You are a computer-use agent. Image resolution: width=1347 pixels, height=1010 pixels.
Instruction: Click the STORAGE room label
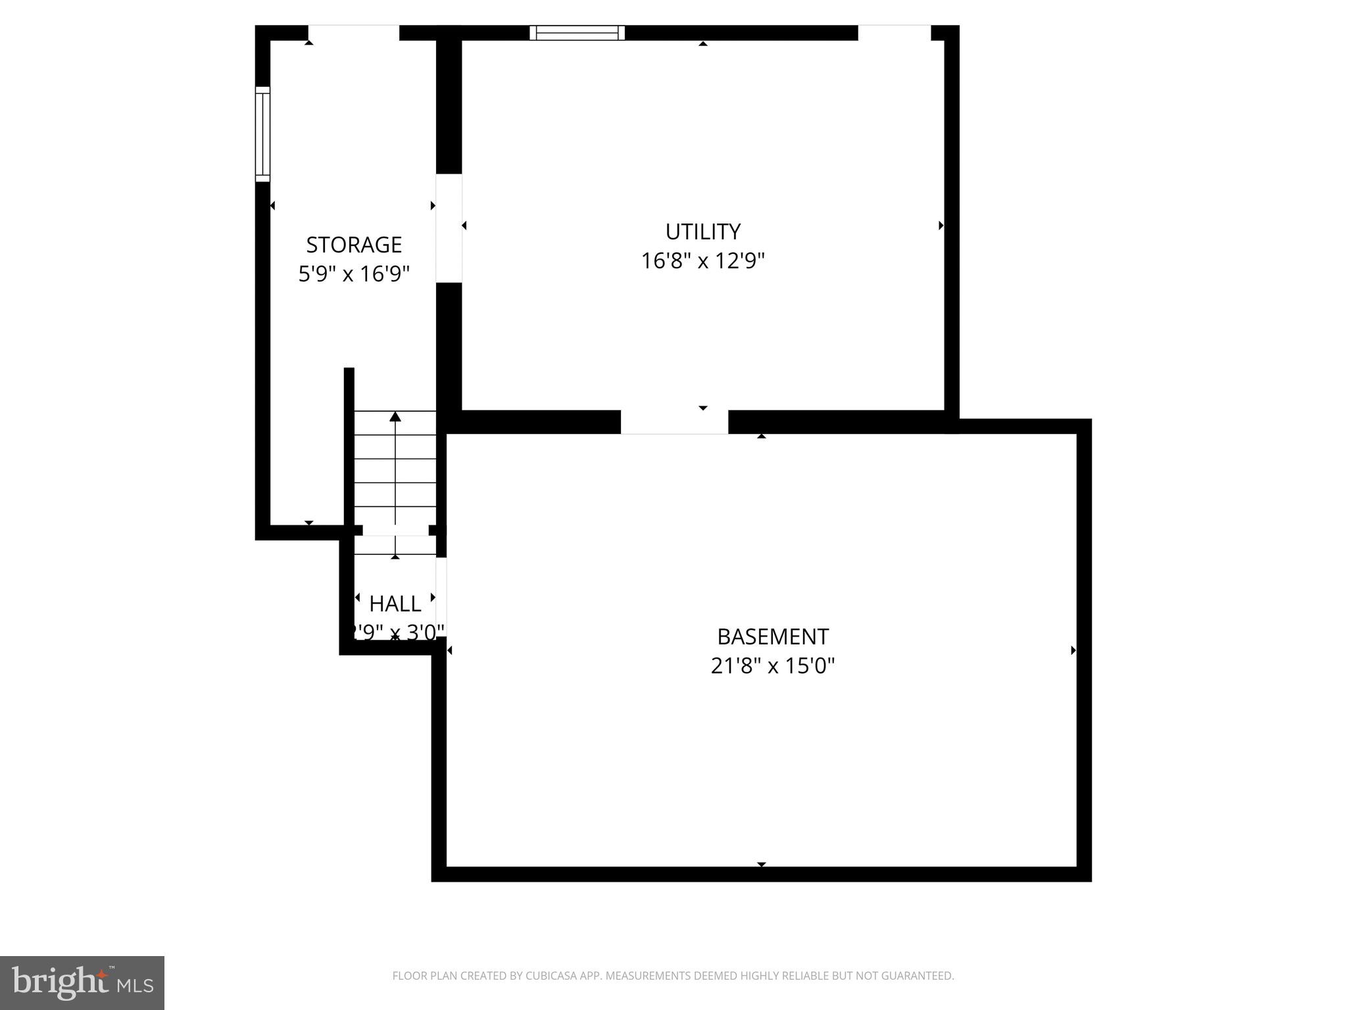pos(354,245)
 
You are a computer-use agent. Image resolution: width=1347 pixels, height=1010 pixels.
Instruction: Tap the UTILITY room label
pos(702,231)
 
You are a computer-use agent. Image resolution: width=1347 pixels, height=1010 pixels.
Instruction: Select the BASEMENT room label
pos(772,637)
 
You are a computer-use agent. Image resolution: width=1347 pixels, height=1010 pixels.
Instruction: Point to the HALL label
pos(395,603)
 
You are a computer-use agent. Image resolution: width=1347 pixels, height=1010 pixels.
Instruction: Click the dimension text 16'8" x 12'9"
pos(702,261)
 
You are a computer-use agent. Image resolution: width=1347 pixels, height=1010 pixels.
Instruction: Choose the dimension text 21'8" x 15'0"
pos(772,666)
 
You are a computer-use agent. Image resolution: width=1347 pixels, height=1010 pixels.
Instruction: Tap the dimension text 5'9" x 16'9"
pos(354,274)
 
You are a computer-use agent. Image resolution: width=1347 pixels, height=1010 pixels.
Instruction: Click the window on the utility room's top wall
pos(577,33)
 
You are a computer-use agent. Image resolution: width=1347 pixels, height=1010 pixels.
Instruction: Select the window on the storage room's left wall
pos(262,133)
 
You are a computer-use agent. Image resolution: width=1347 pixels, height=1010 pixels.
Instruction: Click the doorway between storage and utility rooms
pos(449,228)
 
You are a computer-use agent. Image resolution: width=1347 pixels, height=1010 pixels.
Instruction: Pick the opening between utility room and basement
pos(674,422)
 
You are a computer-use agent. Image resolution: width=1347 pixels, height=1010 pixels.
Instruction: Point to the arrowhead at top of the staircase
pos(395,416)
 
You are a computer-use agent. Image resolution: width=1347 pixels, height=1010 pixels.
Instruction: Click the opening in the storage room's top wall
pos(353,33)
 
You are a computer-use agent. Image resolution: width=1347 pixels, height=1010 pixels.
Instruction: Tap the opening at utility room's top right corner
pos(894,33)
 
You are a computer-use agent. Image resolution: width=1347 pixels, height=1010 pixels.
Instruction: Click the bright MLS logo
pos(82,982)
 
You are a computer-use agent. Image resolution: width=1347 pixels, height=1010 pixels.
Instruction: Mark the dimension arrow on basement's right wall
pos(1073,650)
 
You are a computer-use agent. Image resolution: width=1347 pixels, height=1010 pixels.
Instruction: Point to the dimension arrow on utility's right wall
pos(941,226)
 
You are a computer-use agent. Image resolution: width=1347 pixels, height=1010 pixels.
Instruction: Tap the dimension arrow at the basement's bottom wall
pos(761,864)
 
